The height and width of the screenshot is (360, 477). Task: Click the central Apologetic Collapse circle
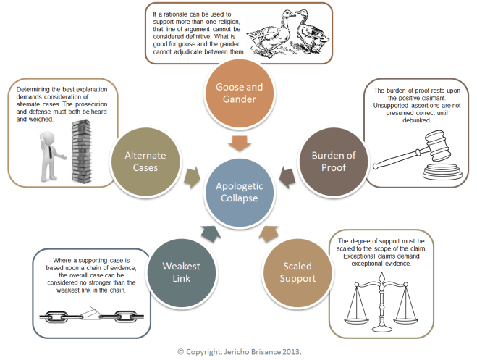coord(238,191)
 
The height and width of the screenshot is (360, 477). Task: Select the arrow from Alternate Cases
coord(193,175)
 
